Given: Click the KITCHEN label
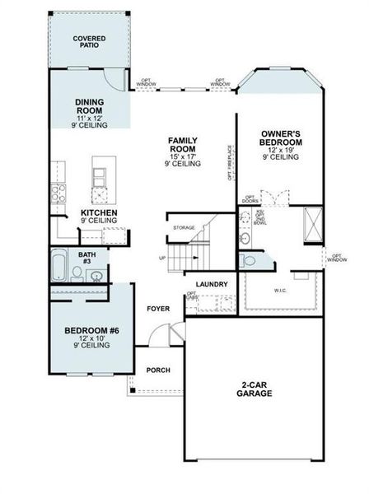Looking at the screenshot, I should click(98, 213).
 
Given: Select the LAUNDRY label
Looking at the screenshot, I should click(212, 285).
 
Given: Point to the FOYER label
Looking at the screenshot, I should click(158, 309).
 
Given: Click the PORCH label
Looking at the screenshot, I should click(158, 370).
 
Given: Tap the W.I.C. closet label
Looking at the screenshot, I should click(280, 291).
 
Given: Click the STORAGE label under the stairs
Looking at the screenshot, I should click(184, 227).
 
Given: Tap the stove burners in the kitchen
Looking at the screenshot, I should click(58, 194).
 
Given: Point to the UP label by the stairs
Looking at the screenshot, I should click(161, 258).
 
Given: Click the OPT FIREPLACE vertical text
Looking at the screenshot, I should click(229, 164).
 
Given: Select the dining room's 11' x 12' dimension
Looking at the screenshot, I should click(89, 119).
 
